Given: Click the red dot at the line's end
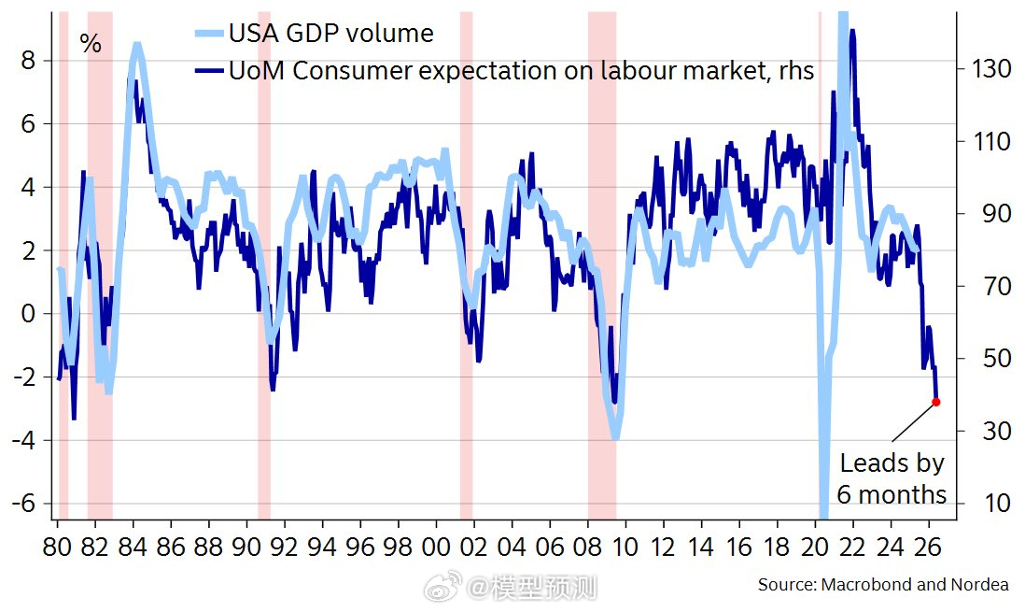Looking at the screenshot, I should tap(936, 402).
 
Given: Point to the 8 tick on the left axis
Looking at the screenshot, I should tap(29, 61).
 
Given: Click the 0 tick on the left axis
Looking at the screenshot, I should tap(29, 314).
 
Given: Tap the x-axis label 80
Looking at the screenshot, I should tap(58, 547).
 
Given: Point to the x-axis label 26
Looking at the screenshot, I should tap(930, 547).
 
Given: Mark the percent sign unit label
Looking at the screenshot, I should tap(91, 44).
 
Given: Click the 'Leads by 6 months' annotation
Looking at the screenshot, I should tap(892, 478).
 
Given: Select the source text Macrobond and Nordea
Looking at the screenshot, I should tap(883, 585).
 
